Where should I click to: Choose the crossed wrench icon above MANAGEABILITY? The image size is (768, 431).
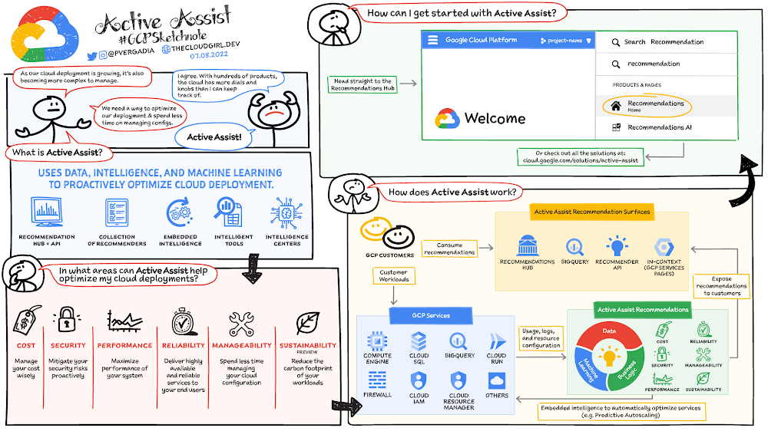tap(240, 324)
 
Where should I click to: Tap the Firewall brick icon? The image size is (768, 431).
tap(377, 380)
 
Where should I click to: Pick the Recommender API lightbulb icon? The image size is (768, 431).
tap(617, 246)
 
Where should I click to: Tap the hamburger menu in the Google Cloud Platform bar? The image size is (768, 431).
tap(432, 40)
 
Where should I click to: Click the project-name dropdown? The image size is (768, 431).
tap(568, 41)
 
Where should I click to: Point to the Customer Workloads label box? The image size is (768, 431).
tap(394, 276)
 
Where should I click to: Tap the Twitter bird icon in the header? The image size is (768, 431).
tap(92, 55)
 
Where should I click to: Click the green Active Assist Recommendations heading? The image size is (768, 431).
tap(643, 311)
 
